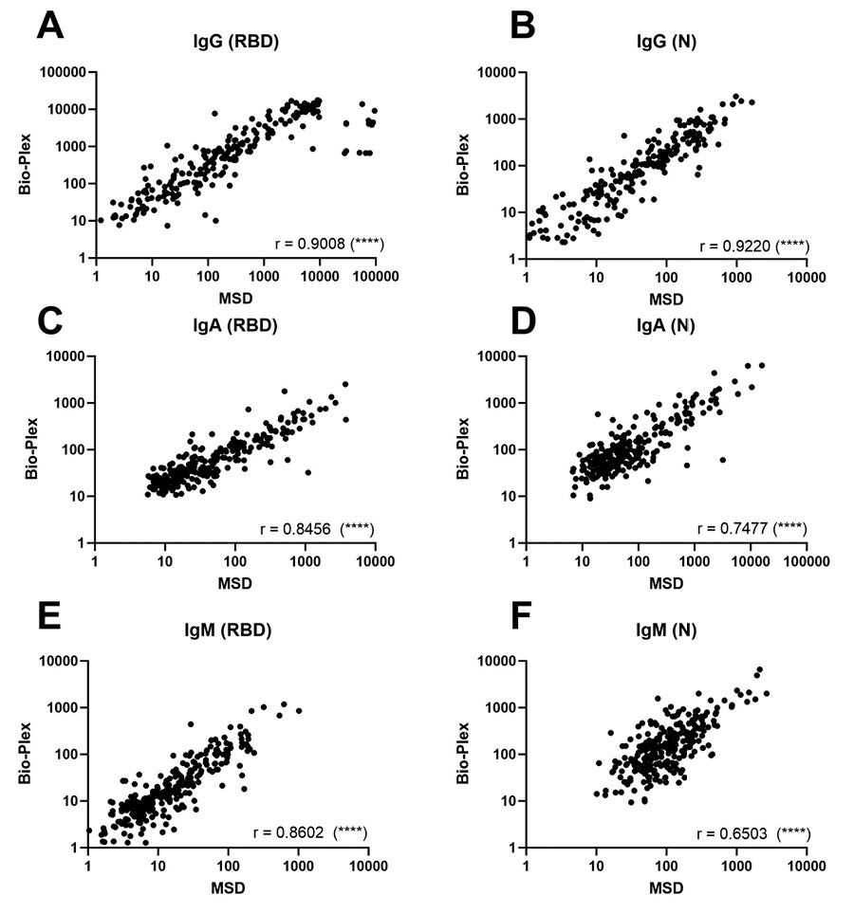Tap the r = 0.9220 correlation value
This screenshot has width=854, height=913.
pyautogui.click(x=752, y=245)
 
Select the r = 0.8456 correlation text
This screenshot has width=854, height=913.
pyautogui.click(x=316, y=528)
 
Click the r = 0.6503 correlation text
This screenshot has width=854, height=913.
pyautogui.click(x=752, y=832)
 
